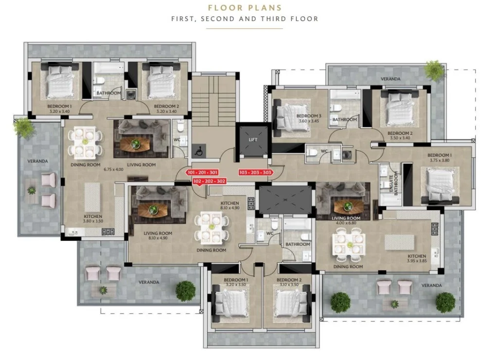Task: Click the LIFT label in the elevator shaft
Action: click(253, 140)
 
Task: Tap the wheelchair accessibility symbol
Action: click(199, 150)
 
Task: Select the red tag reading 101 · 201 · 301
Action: click(202, 173)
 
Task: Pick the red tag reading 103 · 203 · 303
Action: click(256, 173)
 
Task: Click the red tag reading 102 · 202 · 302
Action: click(210, 181)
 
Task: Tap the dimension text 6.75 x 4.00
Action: click(113, 169)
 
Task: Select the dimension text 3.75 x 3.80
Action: click(440, 160)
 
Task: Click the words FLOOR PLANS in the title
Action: click(245, 8)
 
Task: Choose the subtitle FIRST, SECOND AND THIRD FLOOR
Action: click(245, 19)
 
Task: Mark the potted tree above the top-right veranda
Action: click(434, 70)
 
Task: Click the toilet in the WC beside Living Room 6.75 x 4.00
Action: click(180, 126)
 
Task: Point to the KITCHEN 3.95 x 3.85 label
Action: click(417, 258)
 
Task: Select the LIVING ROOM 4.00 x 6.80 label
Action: click(346, 220)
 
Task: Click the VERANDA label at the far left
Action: click(37, 161)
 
